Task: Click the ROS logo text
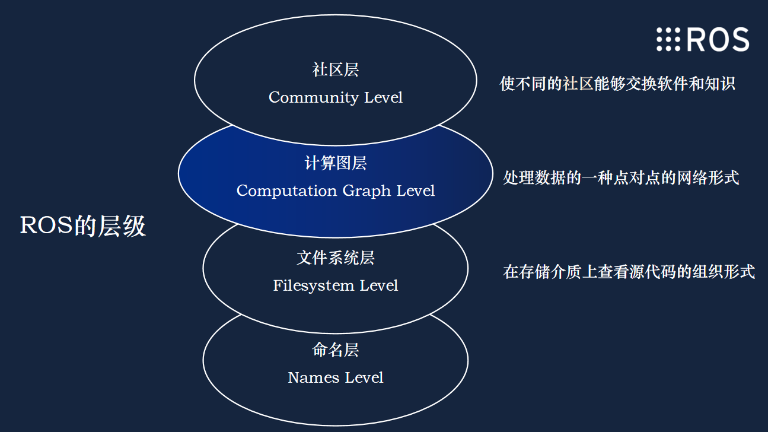(718, 39)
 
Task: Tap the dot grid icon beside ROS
(668, 39)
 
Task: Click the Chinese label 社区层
(335, 69)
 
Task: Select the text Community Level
(335, 97)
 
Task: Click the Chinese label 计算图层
(336, 163)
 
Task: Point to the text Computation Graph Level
(336, 190)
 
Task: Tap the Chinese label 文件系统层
(336, 258)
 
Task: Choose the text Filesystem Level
(336, 285)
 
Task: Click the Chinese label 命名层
(335, 350)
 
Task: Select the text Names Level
(335, 377)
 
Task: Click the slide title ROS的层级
(83, 225)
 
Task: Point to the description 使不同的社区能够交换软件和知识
(617, 84)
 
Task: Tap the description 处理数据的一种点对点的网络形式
(621, 178)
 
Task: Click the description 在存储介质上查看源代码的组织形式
(629, 272)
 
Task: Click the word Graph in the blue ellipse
(367, 191)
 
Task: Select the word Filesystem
(313, 286)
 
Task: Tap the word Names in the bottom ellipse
(313, 378)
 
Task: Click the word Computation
(286, 190)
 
